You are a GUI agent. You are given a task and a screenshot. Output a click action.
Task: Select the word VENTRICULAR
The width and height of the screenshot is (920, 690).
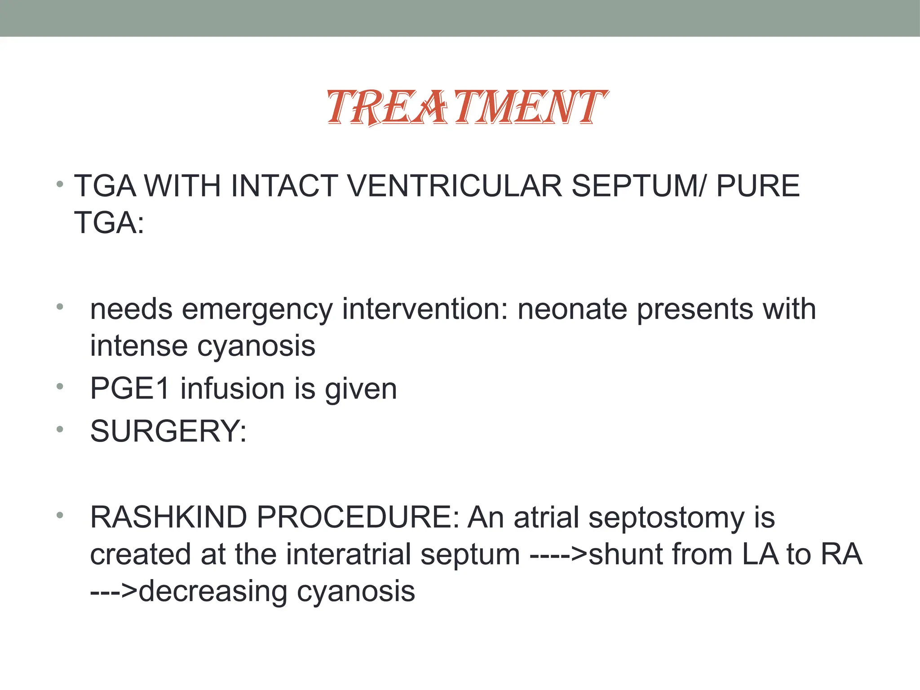tap(454, 186)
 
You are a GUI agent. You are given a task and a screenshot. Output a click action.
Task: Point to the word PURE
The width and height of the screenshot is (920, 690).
tap(758, 186)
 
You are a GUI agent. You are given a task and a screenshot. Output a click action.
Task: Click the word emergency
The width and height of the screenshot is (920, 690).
tap(257, 310)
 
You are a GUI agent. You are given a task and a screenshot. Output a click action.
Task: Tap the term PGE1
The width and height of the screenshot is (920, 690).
tap(130, 389)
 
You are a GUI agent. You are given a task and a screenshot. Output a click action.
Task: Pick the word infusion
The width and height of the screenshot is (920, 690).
tap(232, 389)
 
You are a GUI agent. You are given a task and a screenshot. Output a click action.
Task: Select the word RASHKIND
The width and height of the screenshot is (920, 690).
tap(168, 517)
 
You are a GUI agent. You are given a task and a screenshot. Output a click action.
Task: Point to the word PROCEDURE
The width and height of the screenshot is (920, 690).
tap(357, 517)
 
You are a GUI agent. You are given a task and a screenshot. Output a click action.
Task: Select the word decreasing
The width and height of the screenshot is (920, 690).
tap(213, 592)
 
